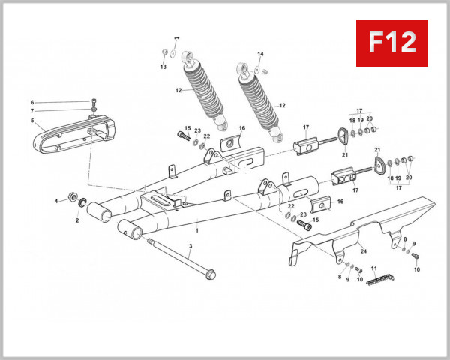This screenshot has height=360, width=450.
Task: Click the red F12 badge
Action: coord(391,43)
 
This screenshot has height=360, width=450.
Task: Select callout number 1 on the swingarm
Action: coord(196,223)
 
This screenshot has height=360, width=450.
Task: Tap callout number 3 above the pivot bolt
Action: coord(190,246)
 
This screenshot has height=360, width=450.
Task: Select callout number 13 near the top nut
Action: coord(163,67)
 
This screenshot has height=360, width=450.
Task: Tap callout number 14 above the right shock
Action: coord(261,54)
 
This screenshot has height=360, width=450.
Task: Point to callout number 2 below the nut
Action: coord(76,221)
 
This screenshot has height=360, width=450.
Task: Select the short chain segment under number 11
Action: coord(376,280)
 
